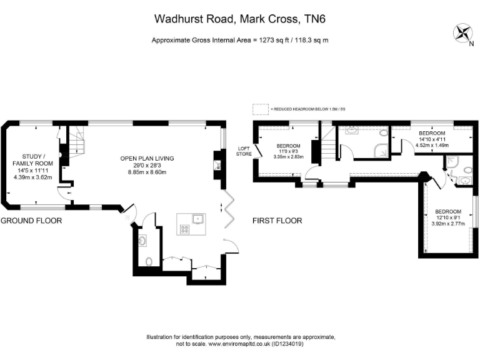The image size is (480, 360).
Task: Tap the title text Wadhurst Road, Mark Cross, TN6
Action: (240, 19)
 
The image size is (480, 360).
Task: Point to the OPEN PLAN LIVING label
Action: (146, 158)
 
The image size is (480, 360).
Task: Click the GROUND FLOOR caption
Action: (31, 221)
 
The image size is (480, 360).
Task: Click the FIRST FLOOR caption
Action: (277, 221)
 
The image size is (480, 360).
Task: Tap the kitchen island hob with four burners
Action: (186, 229)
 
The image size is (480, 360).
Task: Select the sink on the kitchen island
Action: (197, 218)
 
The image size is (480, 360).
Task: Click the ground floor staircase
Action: (76, 143)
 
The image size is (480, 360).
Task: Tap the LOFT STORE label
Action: (243, 151)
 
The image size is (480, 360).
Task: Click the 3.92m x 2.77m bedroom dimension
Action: (449, 223)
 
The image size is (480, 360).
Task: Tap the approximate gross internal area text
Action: (240, 40)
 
